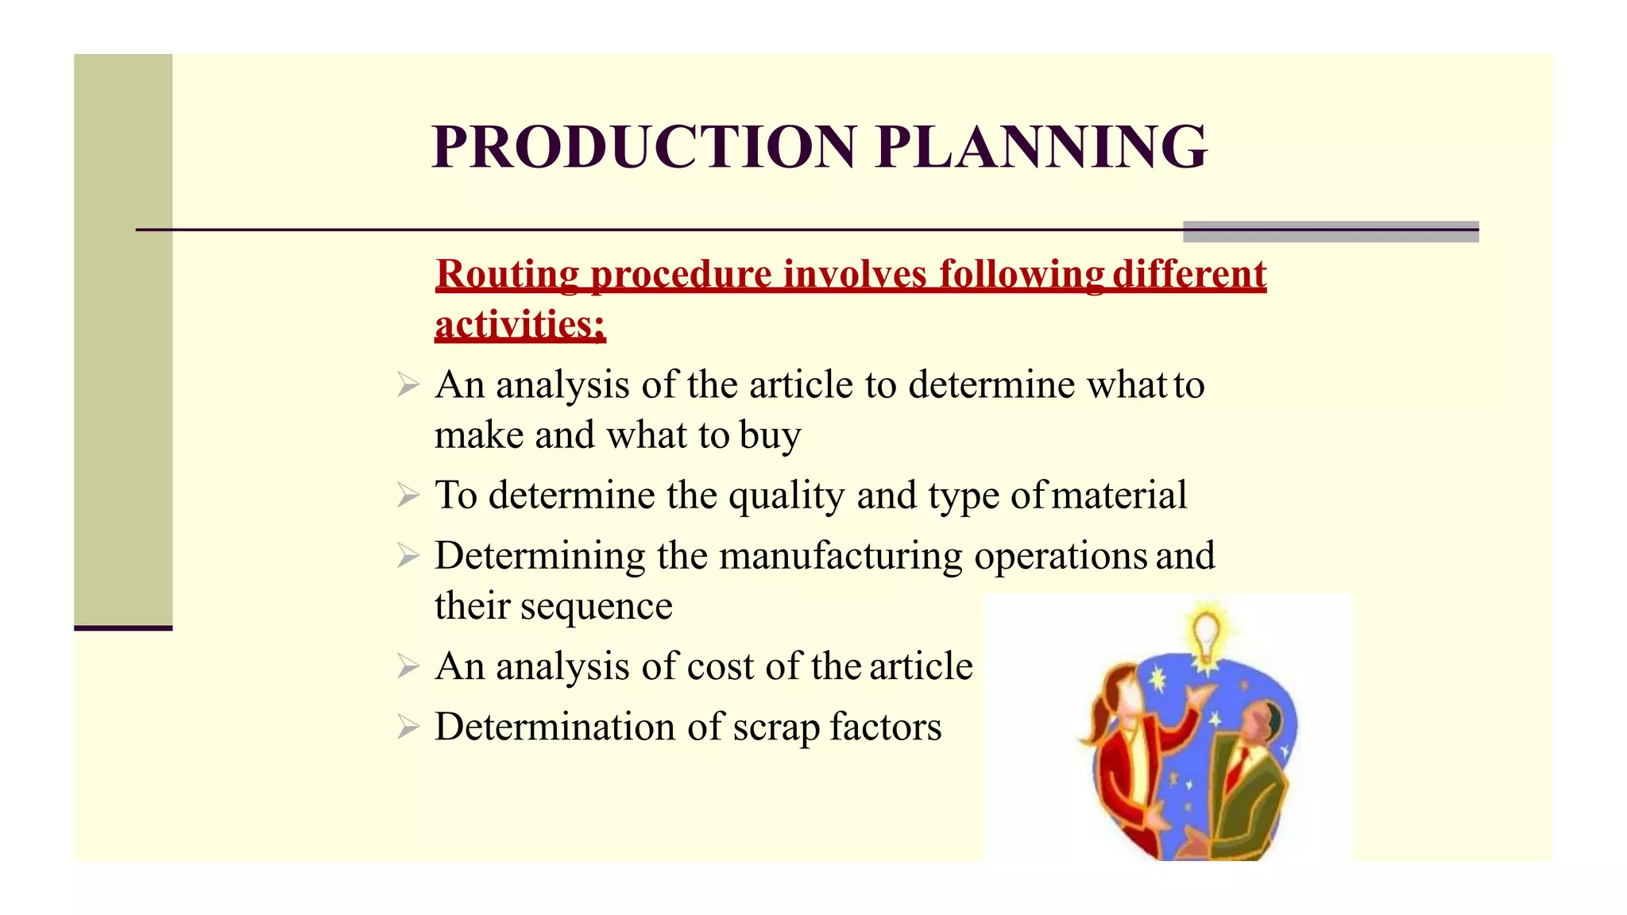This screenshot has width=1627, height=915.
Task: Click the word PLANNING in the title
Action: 1042,147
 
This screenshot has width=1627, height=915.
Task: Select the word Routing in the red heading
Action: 507,274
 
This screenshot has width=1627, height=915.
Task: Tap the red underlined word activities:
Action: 520,325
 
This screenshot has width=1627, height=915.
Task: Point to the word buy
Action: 770,436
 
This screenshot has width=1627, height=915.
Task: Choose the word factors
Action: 886,727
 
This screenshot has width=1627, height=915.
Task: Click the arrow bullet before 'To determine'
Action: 408,496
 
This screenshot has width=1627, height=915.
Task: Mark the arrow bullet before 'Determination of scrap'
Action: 408,727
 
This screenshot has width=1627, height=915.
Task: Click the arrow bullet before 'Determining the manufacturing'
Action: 408,556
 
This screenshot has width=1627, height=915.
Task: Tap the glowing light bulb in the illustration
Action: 1206,635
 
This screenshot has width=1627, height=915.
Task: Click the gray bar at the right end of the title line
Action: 1331,231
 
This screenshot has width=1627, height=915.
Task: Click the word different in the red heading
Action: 1188,274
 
